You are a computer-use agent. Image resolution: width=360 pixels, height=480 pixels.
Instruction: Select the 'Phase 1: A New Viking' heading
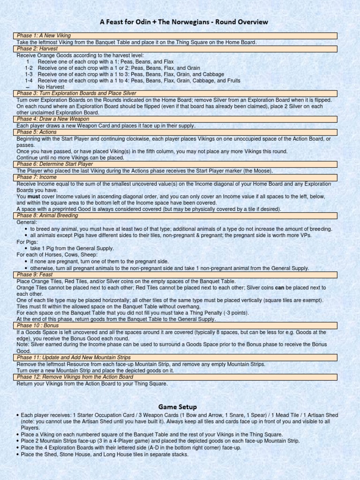44,36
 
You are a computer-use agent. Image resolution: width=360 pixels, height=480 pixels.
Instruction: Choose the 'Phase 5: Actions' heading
37,132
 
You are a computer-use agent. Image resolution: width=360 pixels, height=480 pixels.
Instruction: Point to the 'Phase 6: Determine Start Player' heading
55,164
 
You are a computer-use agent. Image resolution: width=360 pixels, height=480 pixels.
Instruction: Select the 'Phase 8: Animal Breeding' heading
47,216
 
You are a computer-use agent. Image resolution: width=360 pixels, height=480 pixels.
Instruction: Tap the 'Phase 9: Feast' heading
35,274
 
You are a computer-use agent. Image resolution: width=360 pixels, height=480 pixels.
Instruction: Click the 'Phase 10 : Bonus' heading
38,325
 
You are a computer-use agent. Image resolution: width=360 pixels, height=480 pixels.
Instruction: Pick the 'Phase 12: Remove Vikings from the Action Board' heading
75,377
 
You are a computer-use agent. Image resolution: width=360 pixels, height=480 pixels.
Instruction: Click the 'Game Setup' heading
177,407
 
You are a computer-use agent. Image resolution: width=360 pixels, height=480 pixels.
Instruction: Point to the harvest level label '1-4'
29,81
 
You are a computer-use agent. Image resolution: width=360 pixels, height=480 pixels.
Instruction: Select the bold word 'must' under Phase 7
33,197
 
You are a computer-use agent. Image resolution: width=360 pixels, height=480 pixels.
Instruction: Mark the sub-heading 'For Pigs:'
28,242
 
